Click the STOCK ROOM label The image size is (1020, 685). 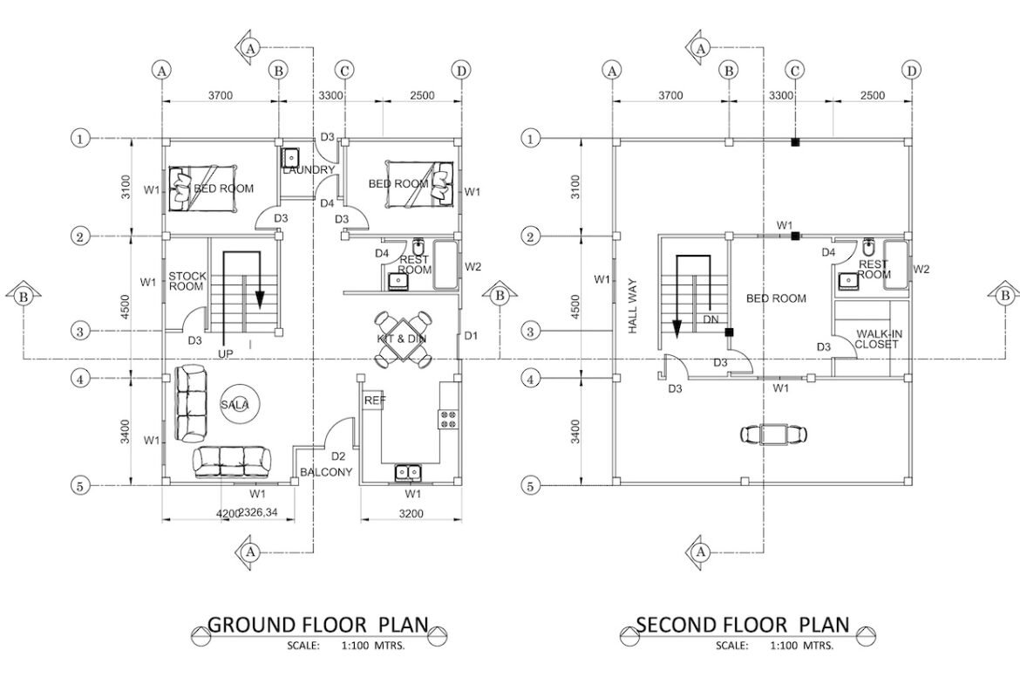(x=187, y=281)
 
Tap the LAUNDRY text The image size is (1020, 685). (x=309, y=170)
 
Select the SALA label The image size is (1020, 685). (x=235, y=405)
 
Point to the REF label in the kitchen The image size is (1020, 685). (x=374, y=401)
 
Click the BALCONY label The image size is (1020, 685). (x=326, y=472)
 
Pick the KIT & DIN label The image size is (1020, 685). (x=402, y=339)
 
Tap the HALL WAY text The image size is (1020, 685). (x=633, y=306)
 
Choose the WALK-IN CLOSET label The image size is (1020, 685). (x=878, y=339)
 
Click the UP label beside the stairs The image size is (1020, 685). (x=226, y=353)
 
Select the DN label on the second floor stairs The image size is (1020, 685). (x=711, y=319)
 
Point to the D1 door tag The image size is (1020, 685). (x=471, y=336)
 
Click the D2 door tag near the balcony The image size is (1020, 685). (x=338, y=456)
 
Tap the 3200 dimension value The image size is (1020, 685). (x=411, y=514)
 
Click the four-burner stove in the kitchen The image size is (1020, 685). (x=447, y=418)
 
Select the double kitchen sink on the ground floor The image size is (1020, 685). (x=408, y=471)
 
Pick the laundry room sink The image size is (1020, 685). (x=291, y=157)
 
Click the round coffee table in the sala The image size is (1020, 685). (x=235, y=405)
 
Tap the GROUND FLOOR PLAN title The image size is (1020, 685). (x=318, y=625)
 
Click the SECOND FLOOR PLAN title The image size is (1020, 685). (x=743, y=625)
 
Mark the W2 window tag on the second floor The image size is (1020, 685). (x=921, y=269)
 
